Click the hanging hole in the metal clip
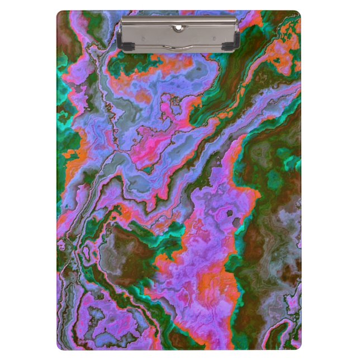[x=178, y=27]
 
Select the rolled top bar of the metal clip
[x=179, y=20]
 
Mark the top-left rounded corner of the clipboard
[x=60, y=13]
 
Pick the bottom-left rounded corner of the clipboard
[x=60, y=347]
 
